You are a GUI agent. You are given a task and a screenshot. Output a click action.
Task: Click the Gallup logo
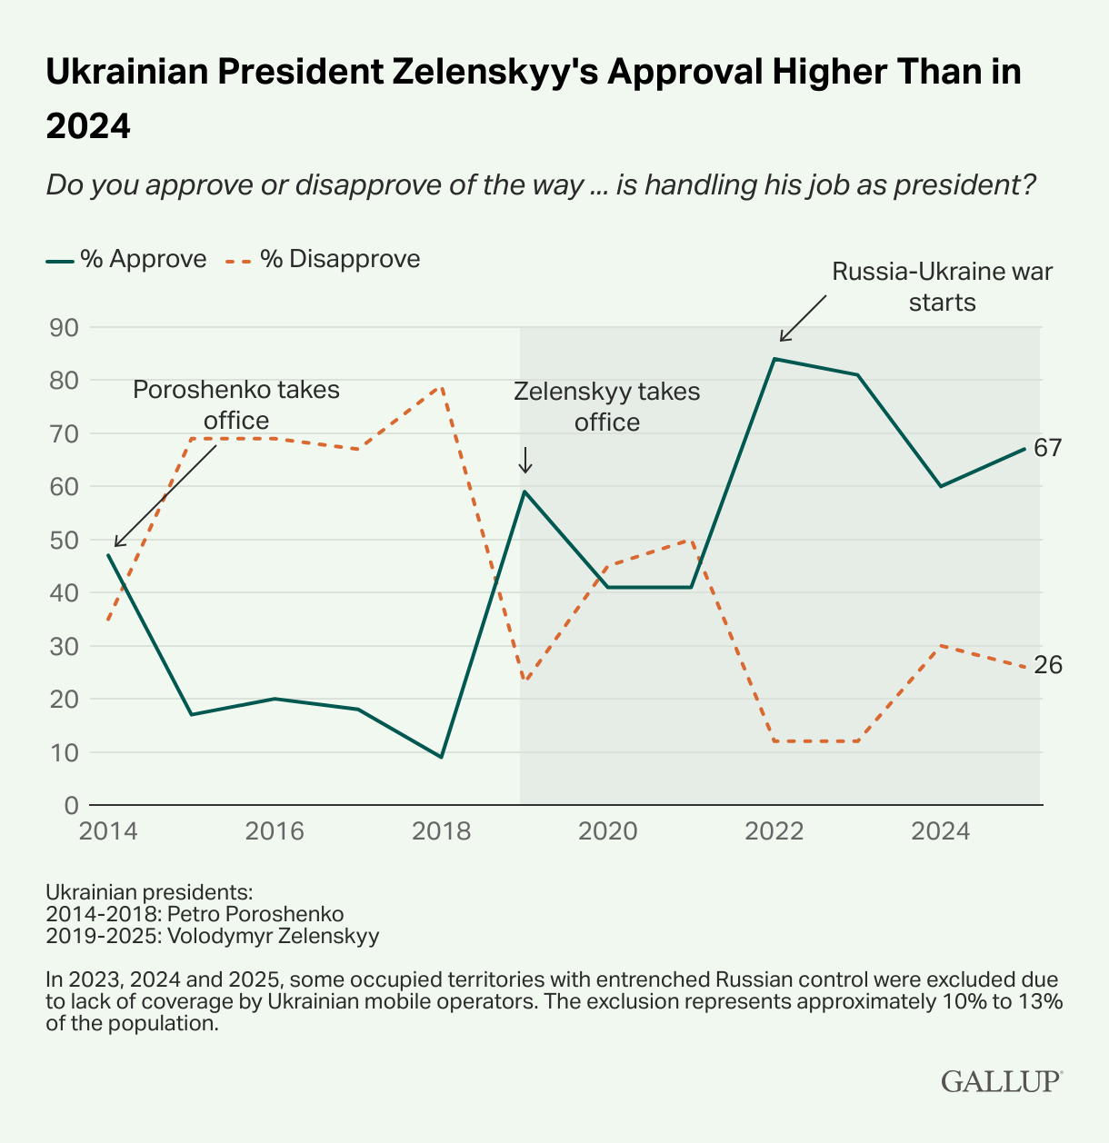coord(1001,1081)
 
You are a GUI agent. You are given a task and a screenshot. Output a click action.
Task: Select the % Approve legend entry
coord(126,259)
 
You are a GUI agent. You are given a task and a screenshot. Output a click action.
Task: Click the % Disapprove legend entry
coord(324,259)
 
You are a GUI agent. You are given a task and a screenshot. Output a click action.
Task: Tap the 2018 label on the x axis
coord(441,831)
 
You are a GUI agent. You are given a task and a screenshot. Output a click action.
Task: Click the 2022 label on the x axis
coord(774,831)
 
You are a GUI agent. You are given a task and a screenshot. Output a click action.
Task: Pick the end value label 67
coord(1047,448)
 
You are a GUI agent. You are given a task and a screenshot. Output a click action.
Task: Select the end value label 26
coord(1047,666)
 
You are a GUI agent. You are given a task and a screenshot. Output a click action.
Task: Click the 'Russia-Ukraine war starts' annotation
coord(942,286)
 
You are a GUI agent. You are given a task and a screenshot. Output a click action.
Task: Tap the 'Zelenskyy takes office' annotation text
coord(606,406)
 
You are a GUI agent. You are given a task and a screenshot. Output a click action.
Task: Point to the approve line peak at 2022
coord(774,359)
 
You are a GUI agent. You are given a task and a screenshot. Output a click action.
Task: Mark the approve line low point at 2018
coord(441,757)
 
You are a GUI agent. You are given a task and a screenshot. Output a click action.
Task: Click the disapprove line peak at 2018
coord(441,386)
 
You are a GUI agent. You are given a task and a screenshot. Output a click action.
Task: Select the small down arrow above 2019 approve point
coord(525,461)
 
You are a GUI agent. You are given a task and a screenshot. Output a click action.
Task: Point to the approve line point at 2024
coord(941,486)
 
